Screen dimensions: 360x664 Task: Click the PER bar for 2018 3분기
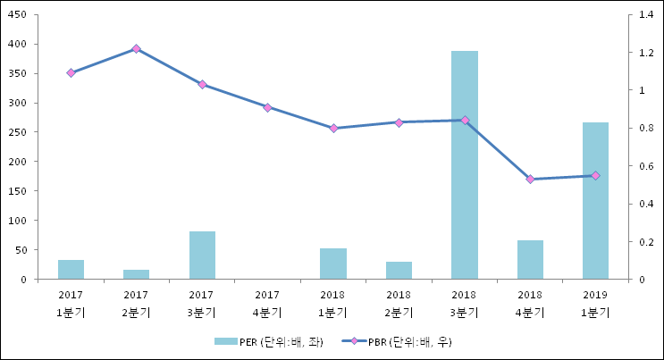(464, 165)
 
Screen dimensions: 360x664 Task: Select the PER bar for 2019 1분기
(595, 201)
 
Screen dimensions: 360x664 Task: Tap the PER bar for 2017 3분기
(202, 255)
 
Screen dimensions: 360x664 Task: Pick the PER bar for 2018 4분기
(530, 260)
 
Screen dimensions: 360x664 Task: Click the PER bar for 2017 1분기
(71, 270)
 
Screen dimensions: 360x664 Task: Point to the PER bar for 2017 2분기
(136, 274)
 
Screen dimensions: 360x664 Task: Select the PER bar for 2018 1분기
(333, 264)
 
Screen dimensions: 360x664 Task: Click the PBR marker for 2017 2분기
(136, 48)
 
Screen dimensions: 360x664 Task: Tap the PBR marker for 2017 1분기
(71, 72)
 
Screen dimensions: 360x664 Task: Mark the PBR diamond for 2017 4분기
(267, 107)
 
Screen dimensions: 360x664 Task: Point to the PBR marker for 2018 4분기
(530, 179)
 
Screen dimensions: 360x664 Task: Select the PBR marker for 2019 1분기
(595, 175)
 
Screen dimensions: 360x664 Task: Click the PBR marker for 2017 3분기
(202, 84)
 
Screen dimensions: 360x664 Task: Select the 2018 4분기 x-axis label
(530, 303)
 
